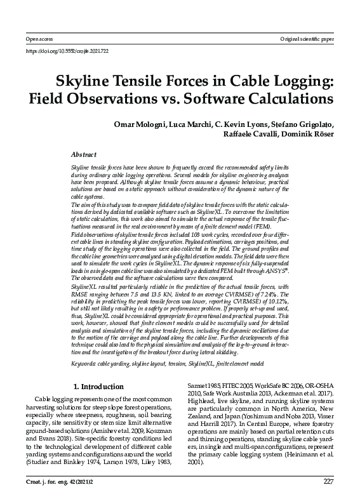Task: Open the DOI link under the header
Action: tap(66, 50)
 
